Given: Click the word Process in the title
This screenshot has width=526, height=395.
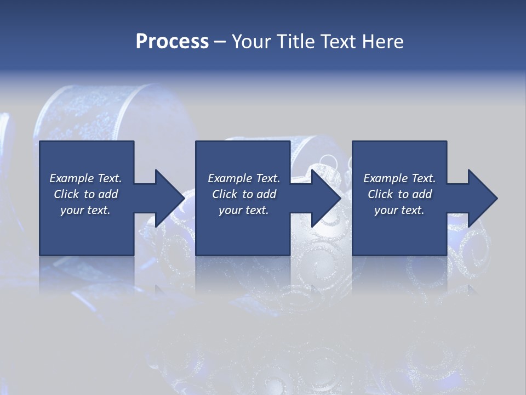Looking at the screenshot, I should pos(172,42).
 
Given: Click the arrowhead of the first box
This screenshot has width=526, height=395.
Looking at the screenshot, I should pos(170,198).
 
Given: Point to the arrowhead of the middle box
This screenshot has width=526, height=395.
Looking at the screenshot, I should pos(326,198).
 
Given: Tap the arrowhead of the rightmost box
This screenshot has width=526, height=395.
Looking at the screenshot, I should pos(483,198).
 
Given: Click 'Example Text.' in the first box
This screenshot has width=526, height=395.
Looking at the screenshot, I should pos(85,178).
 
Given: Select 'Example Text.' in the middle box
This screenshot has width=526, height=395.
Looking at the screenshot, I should pos(244,178).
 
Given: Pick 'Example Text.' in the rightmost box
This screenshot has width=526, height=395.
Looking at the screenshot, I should pos(399,178).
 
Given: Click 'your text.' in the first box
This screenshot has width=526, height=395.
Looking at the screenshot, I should pos(85,210).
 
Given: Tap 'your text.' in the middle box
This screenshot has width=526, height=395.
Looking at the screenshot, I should pos(244,210).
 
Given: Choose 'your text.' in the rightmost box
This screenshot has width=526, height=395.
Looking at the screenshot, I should pos(399,210).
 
